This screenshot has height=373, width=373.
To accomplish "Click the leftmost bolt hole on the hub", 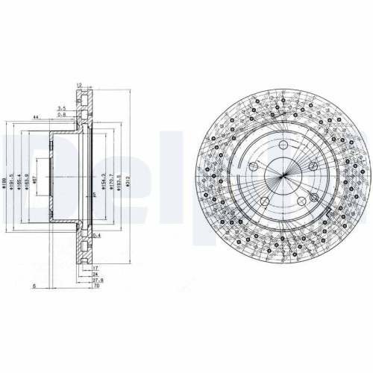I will point(254,166).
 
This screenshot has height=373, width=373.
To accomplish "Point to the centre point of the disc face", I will point(283,180).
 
